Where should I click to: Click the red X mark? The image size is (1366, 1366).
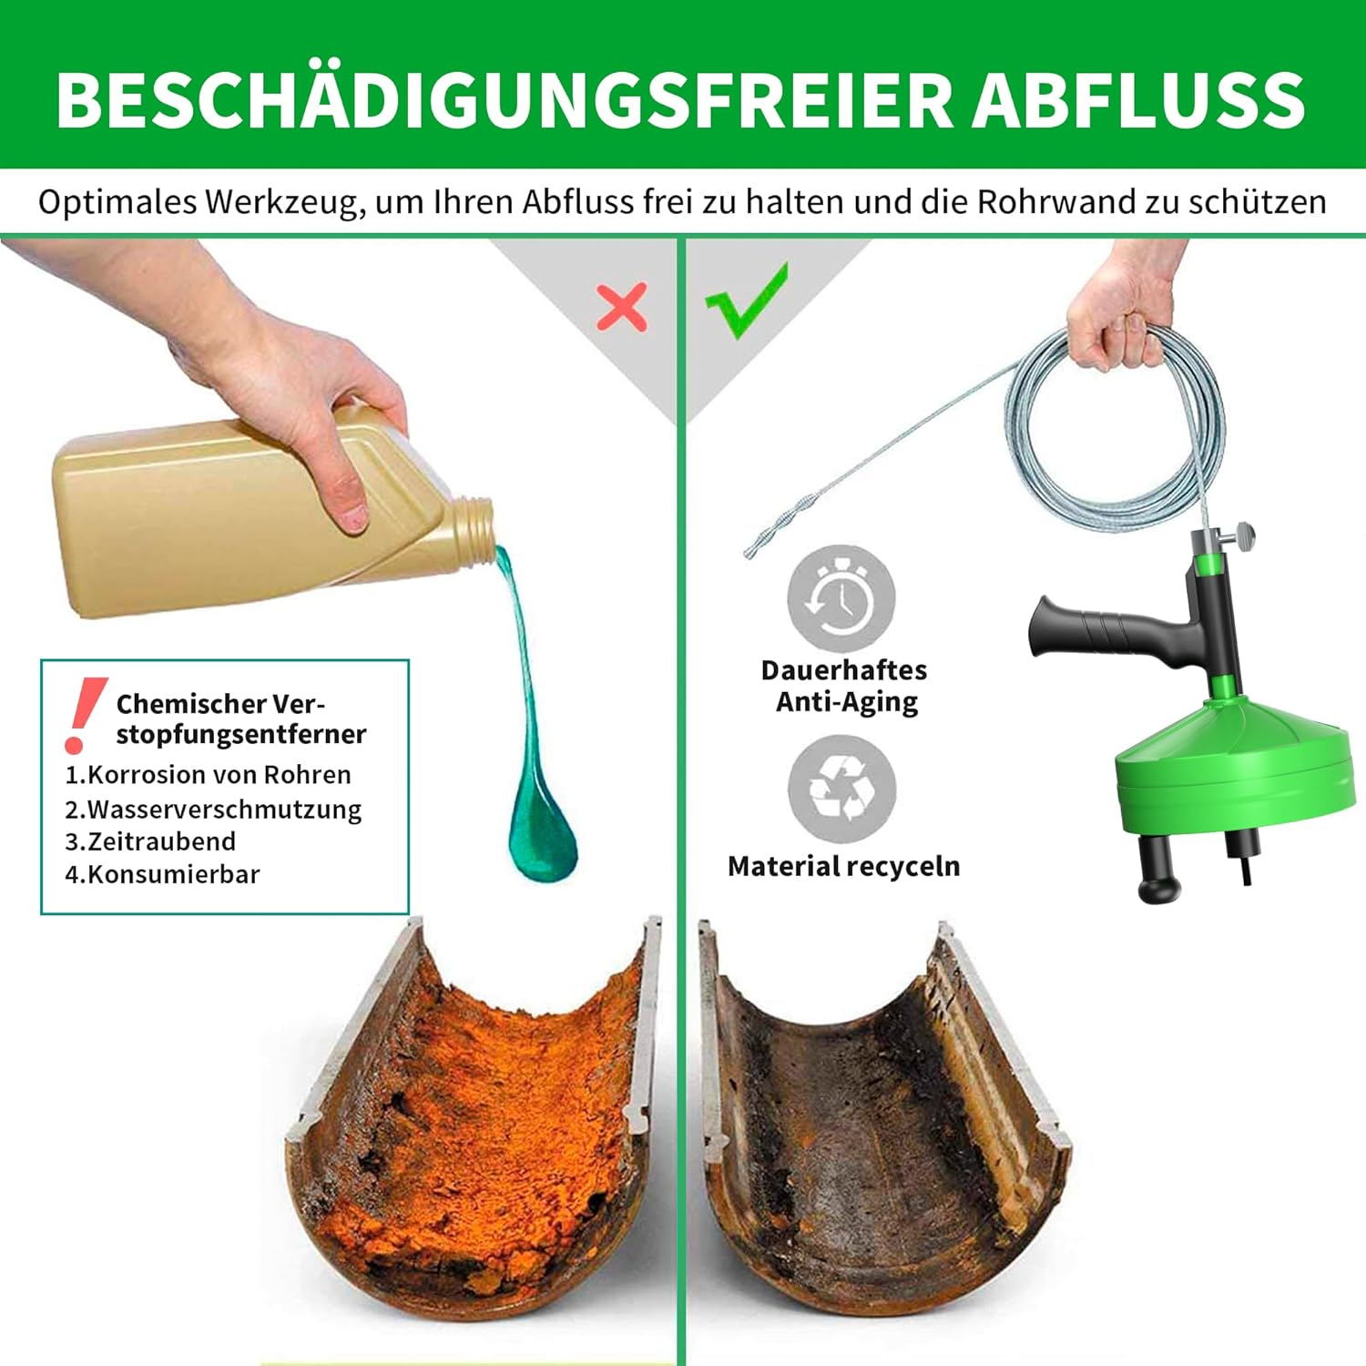[x=622, y=307]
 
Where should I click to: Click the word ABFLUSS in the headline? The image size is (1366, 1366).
[x=1138, y=99]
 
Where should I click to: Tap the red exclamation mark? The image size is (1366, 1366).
[x=84, y=715]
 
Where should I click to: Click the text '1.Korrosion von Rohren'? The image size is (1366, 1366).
[x=208, y=775]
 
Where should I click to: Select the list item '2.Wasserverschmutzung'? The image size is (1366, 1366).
[x=213, y=809]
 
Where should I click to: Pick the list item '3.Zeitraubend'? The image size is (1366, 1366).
[x=150, y=841]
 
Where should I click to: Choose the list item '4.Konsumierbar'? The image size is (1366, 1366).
[x=162, y=874]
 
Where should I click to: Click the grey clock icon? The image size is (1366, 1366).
[x=841, y=598]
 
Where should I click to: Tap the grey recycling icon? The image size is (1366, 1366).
[x=841, y=789]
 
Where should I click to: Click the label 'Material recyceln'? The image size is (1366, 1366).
[x=843, y=866]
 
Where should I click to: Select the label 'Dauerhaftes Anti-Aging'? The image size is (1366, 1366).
[x=844, y=686]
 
